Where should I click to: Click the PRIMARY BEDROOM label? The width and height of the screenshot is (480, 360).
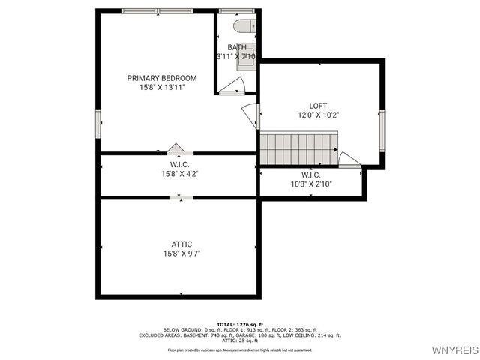pyautogui.click(x=161, y=78)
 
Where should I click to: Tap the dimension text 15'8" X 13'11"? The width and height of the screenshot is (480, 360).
pyautogui.click(x=161, y=88)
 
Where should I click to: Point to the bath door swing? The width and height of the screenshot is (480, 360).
pyautogui.click(x=232, y=85)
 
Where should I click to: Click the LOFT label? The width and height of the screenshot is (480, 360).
pyautogui.click(x=318, y=106)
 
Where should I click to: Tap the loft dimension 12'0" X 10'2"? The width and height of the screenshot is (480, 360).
pyautogui.click(x=318, y=115)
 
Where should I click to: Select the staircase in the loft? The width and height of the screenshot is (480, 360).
pyautogui.click(x=298, y=148)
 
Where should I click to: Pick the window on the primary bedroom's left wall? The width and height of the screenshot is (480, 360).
pyautogui.click(x=97, y=123)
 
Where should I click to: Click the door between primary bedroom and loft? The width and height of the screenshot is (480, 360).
pyautogui.click(x=251, y=115)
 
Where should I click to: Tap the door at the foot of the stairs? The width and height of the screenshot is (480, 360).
pyautogui.click(x=349, y=159)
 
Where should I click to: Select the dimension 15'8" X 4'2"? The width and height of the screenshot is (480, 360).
pyautogui.click(x=179, y=174)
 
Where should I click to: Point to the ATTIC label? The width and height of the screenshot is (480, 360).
pyautogui.click(x=181, y=244)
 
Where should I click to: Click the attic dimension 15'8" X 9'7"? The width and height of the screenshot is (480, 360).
pyautogui.click(x=181, y=253)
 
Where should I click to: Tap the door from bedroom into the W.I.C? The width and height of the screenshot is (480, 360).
pyautogui.click(x=176, y=148)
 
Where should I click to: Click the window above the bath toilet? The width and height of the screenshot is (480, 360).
pyautogui.click(x=236, y=11)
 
